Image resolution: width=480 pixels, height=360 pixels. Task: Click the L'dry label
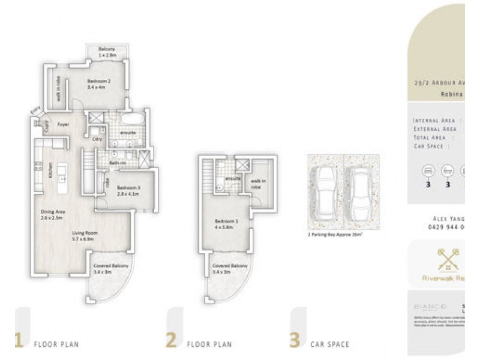(x=97, y=139)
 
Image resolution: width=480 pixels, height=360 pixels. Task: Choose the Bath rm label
(x=118, y=162)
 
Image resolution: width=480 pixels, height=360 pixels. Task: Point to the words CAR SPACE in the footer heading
(x=329, y=344)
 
